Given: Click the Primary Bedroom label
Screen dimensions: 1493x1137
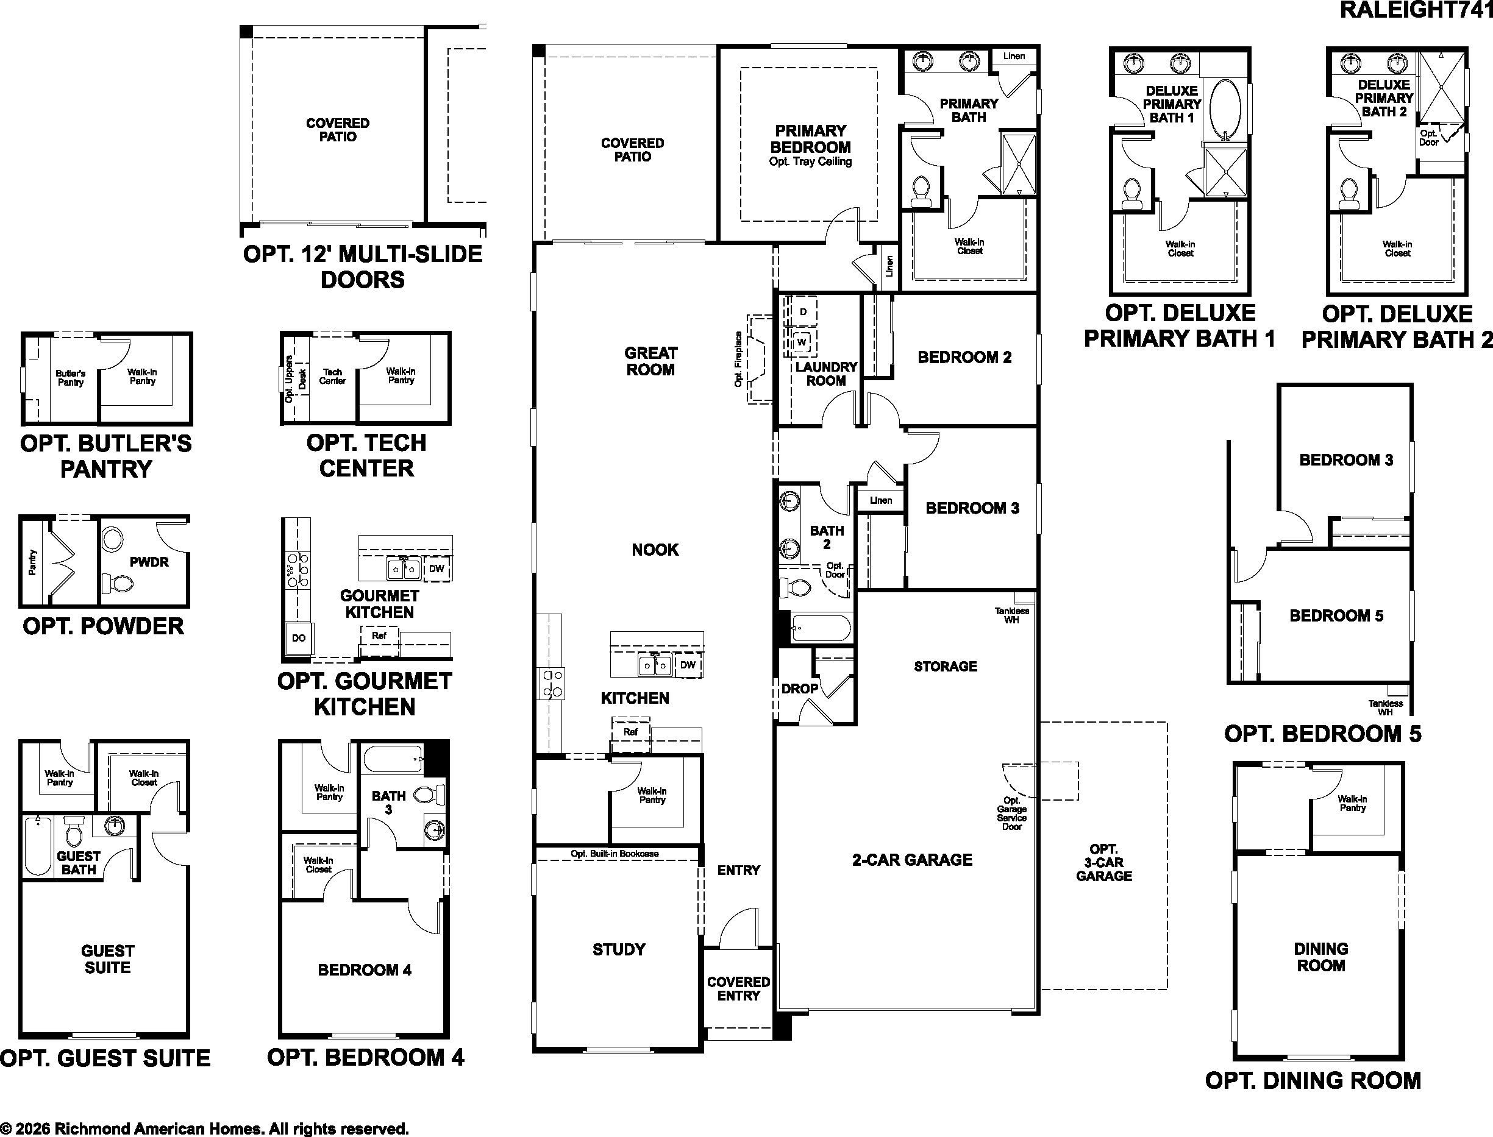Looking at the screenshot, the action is coord(810,139).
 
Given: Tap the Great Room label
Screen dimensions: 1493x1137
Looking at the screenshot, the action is coord(650,361).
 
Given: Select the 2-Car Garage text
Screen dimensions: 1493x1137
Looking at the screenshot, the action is coord(912,860).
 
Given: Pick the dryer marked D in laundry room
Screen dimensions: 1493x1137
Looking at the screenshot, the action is coord(803,312).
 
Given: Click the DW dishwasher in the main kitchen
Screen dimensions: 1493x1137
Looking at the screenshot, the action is coord(687,665).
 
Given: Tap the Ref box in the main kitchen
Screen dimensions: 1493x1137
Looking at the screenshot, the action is coord(630,732).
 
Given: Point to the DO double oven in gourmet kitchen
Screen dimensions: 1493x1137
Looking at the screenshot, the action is coord(299,638).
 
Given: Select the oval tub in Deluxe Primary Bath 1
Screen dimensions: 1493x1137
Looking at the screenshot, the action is coord(1225,110).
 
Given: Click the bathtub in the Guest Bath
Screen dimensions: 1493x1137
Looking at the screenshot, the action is coord(37,845).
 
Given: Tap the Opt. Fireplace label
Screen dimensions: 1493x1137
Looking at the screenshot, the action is coord(738,359).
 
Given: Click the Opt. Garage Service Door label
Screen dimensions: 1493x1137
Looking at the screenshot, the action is coord(1011,813).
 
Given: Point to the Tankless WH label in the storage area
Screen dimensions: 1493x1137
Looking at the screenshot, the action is coord(1011,615).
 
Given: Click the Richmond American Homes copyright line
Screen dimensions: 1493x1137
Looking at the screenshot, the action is coord(204,1128).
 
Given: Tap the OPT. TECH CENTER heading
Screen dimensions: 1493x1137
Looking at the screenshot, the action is coord(366,456).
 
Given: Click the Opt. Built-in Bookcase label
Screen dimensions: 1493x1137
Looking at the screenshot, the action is coord(614,854).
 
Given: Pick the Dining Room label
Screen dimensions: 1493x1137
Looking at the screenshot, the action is coord(1321,957).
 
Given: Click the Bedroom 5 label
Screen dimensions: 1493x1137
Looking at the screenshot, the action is coord(1336,616).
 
